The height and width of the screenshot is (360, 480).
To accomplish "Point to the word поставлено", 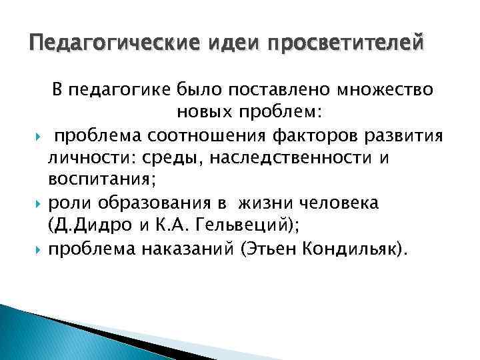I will click(x=275, y=89).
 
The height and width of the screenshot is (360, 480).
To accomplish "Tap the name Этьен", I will click(x=271, y=249).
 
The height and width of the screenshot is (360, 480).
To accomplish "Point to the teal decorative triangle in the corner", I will click(x=40, y=333).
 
